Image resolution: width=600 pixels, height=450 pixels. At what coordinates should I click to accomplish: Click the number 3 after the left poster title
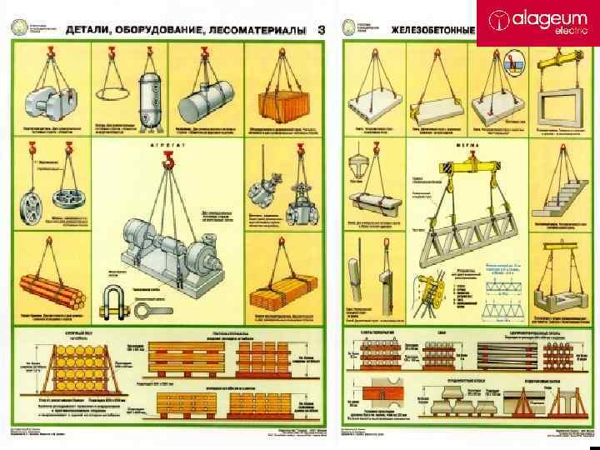pos(321,31)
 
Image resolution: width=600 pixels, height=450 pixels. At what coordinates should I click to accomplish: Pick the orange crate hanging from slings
pos(277,105)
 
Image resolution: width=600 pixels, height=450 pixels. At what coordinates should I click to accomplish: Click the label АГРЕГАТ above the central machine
pos(166,143)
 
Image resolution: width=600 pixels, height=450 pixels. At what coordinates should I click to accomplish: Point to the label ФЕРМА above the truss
pos(467,143)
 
